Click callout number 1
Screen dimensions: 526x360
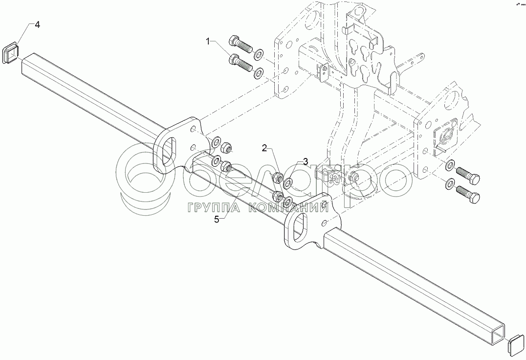(x=209, y=42)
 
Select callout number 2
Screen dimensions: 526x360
(x=264, y=147)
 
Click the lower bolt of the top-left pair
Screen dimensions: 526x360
(x=240, y=62)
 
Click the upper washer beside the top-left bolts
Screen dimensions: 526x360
(x=259, y=52)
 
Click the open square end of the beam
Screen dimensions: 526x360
(x=497, y=333)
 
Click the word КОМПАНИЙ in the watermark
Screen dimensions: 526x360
(x=290, y=208)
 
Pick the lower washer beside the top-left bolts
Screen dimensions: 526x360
(x=258, y=72)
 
